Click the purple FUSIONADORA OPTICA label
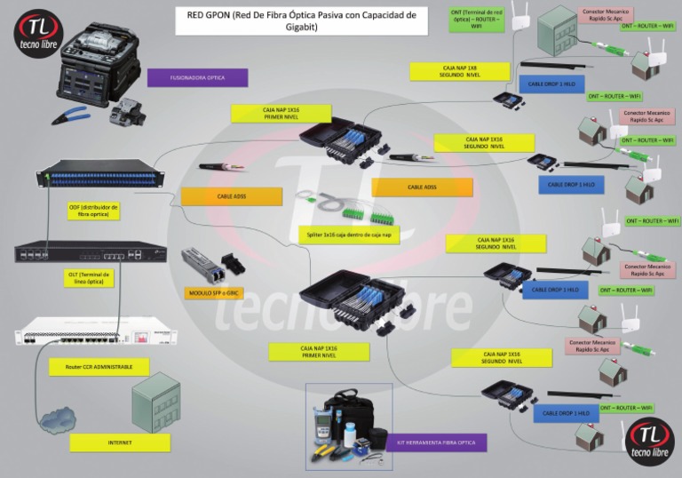(197, 78)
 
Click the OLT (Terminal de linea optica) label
(89, 279)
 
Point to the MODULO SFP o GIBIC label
(213, 292)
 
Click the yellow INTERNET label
(120, 442)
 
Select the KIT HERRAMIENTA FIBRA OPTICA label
(437, 442)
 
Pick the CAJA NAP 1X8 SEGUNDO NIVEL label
(462, 71)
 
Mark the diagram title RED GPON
(300, 21)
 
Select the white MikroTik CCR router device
(96, 334)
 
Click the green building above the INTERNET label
(155, 407)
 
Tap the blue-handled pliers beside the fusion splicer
(74, 115)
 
